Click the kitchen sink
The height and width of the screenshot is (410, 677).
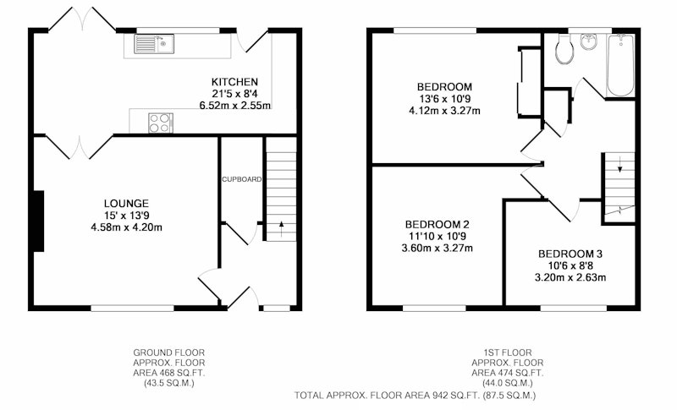pos(154,44)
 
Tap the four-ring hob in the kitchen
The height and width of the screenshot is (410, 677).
pos(161,123)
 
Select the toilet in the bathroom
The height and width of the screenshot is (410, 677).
pos(564,50)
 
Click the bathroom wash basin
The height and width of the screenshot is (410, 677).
pos(588,41)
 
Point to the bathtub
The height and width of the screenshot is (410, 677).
pos(621,66)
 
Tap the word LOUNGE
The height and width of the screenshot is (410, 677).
pos(126,203)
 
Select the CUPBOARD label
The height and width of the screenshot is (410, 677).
pos(241,179)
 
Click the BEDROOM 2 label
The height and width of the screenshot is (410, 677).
pos(437,224)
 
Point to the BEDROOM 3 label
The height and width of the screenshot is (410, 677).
pos(570,254)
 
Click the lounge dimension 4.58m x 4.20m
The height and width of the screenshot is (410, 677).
pos(126,227)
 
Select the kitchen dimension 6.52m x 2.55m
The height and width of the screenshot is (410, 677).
pos(235,105)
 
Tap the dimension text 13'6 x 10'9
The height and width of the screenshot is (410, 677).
pos(444,98)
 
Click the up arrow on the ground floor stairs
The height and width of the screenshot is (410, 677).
pos(282,228)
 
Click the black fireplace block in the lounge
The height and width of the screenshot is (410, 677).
pos(38,221)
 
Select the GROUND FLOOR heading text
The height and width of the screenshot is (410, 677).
pos(168,353)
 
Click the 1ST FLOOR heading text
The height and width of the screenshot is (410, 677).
pos(507,353)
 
